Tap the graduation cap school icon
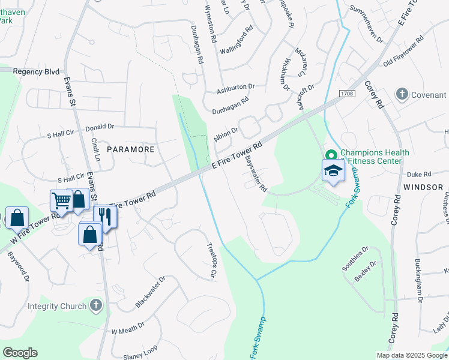pyautogui.click(x=333, y=171)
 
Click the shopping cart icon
pyautogui.click(x=61, y=200)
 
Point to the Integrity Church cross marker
pyautogui.click(x=95, y=306)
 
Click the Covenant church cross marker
pyautogui.click(x=402, y=94)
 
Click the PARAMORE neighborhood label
pyautogui.click(x=131, y=149)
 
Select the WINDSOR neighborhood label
pyautogui.click(x=423, y=187)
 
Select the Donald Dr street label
pyautogui.click(x=100, y=127)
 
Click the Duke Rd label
pyautogui.click(x=419, y=174)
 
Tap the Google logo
pyautogui.click(x=20, y=353)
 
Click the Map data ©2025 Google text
pyautogui.click(x=412, y=355)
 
